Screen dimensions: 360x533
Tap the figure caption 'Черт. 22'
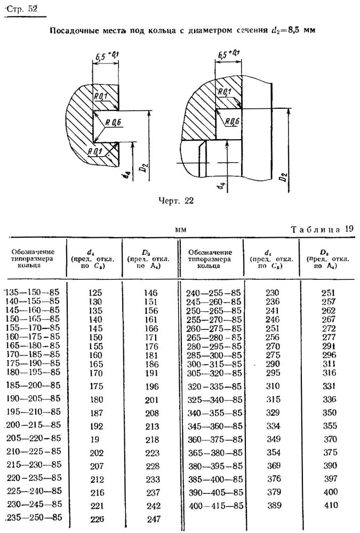click(x=176, y=201)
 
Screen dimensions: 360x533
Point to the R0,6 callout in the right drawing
click(x=232, y=122)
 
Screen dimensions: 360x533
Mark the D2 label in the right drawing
click(x=283, y=177)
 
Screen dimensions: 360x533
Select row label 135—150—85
click(x=33, y=292)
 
